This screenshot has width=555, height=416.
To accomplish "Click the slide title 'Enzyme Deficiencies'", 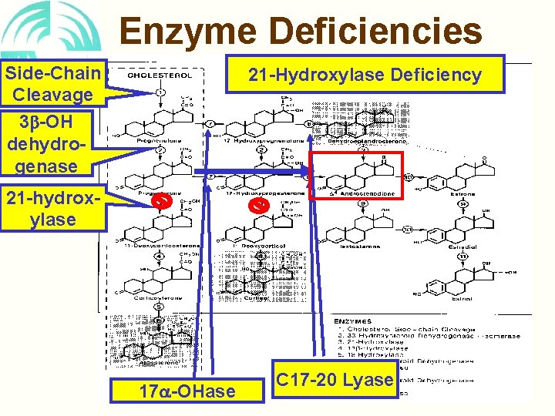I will [x=301, y=32].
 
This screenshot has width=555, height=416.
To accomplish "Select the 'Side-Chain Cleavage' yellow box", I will [x=52, y=84].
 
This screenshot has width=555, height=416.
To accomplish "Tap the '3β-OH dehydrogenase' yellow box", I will [x=52, y=144].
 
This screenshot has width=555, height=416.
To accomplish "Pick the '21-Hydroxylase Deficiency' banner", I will [x=365, y=74].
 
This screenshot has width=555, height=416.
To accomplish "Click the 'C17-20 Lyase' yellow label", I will [x=335, y=380].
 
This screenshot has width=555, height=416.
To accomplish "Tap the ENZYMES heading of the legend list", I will [x=354, y=320].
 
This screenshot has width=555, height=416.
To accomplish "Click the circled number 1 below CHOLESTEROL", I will [x=160, y=93].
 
